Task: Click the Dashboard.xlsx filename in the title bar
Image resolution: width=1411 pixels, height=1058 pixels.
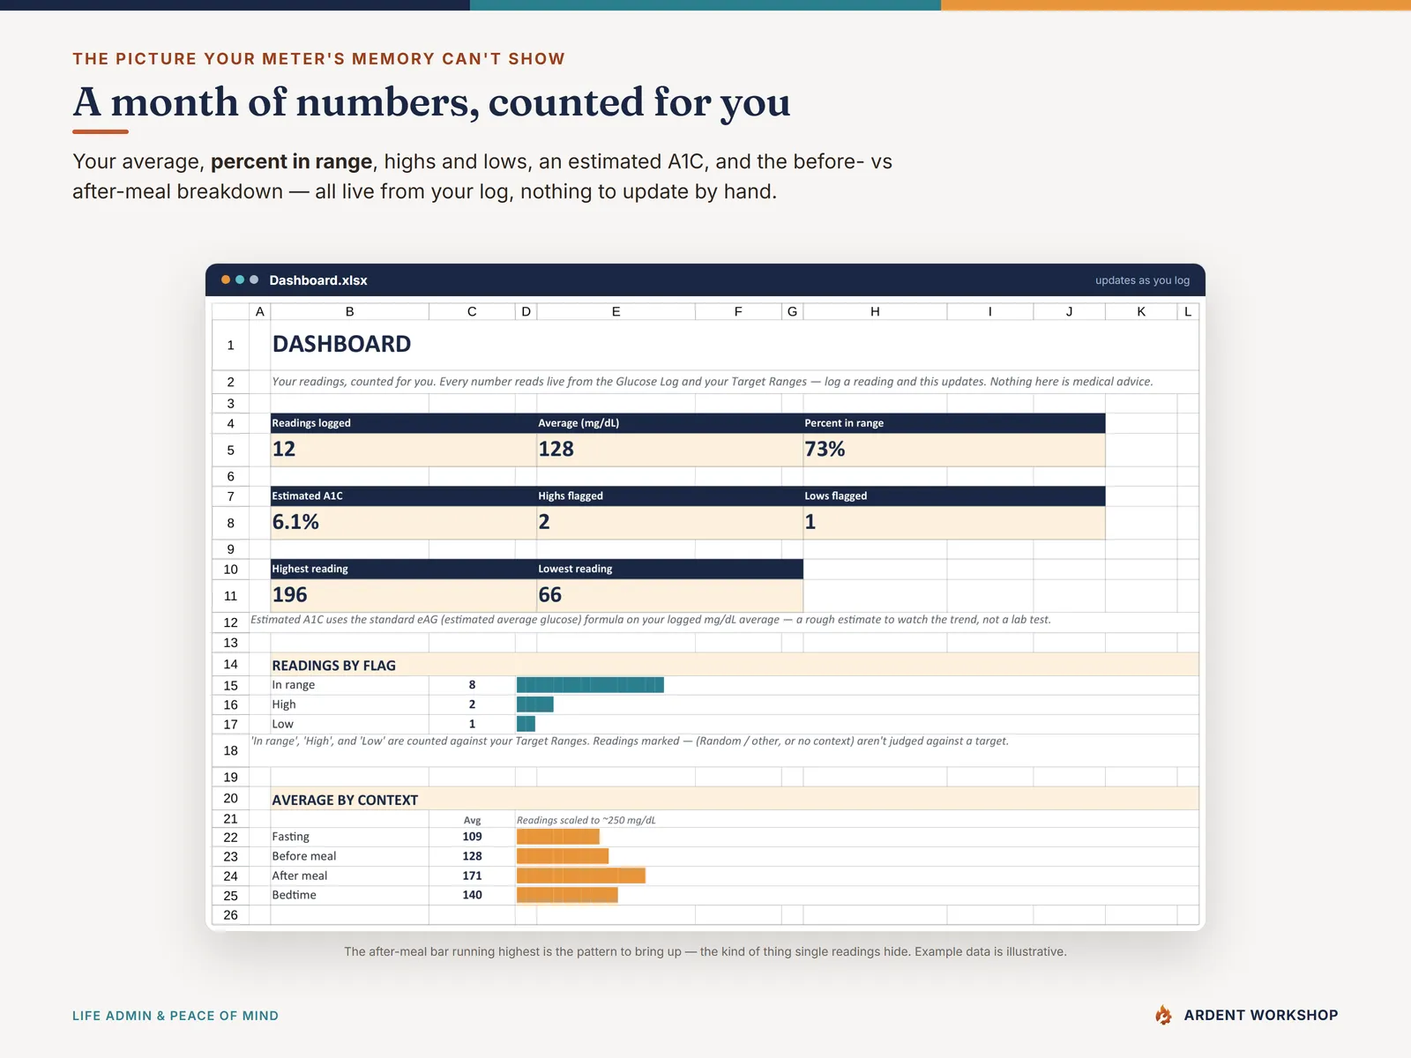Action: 318,280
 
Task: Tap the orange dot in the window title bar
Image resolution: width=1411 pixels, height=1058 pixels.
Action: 226,279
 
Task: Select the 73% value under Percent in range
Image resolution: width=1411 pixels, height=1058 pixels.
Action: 824,449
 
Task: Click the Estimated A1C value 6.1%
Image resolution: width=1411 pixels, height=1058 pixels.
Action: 295,522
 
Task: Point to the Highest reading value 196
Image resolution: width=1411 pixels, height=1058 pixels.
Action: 289,595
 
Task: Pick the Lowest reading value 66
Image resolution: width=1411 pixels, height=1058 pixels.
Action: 549,595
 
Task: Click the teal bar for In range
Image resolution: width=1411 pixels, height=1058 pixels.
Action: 590,685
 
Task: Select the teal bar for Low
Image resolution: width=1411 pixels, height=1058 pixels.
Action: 526,724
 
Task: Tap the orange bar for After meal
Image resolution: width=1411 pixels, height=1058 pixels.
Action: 581,875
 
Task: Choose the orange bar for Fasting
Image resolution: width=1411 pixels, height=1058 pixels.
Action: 558,837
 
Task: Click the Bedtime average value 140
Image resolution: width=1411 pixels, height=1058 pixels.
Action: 472,895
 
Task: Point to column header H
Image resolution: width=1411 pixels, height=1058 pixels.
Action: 875,311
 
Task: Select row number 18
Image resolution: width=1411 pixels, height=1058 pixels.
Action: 230,750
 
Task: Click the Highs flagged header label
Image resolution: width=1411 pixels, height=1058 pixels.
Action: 571,495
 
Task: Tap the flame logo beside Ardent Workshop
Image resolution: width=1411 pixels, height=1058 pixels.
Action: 1163,1015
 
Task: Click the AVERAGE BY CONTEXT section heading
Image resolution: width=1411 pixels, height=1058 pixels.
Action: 345,800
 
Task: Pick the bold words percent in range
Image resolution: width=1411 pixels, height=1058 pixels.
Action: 291,161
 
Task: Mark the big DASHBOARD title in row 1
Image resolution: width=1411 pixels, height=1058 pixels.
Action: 341,345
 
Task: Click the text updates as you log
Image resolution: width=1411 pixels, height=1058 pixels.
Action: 1142,280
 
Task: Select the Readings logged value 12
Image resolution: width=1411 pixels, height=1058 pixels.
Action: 283,449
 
